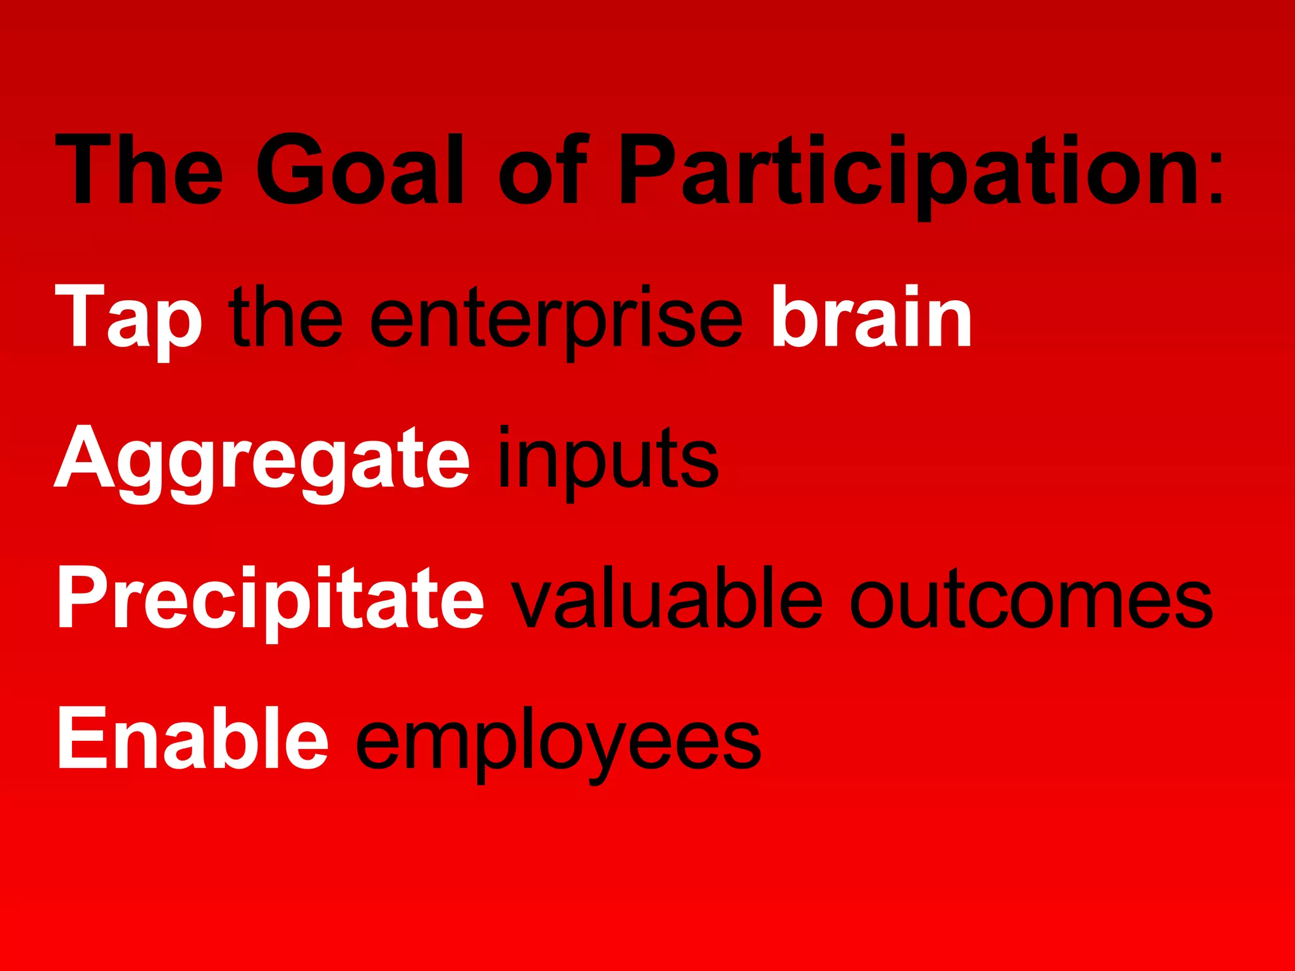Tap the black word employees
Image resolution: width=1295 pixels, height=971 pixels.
point(558,741)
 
